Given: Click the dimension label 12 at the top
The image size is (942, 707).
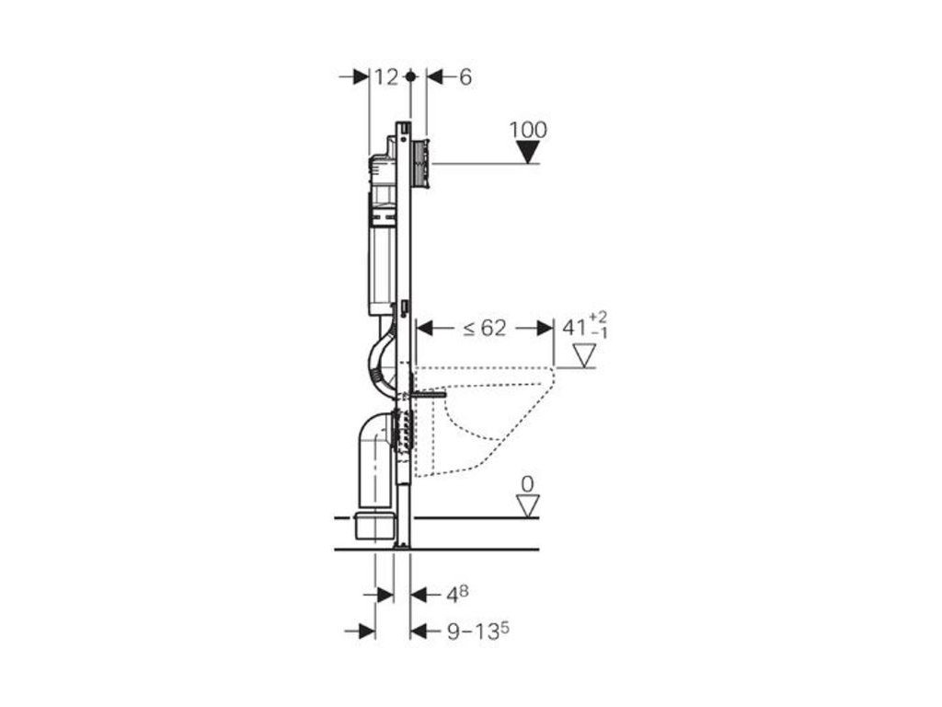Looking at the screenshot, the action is point(386,77).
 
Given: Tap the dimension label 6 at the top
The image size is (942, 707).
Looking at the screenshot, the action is point(465,77).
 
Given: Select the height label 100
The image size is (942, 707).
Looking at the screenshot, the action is point(529,130).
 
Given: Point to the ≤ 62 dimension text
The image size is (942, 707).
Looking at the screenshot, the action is point(485,329).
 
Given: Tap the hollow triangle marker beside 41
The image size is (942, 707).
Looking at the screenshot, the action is point(583,355).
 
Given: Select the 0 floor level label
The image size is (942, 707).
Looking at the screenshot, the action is point(527,484).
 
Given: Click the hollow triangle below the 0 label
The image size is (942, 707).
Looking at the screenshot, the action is point(528,505).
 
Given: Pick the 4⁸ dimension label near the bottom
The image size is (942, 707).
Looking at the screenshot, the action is point(457,595).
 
